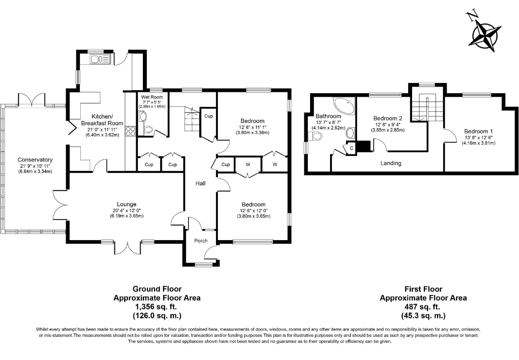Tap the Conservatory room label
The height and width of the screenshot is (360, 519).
point(35,160)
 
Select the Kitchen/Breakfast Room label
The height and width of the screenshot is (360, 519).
point(102,120)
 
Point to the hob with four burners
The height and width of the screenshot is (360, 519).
point(130,131)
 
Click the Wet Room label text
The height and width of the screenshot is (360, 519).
point(152,97)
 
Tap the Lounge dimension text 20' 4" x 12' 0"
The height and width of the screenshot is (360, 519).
point(126,210)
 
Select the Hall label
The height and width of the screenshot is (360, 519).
point(200,183)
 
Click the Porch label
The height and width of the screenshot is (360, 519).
point(201,241)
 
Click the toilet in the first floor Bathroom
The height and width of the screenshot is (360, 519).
point(315,136)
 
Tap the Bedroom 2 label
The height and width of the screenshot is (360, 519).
point(388,118)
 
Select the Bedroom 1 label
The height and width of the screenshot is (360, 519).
point(478,131)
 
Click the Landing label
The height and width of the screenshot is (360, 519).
point(391,163)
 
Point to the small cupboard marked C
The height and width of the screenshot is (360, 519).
point(351,148)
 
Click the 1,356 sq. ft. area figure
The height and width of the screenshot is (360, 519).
point(157,307)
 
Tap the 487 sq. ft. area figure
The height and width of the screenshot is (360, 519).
point(423,307)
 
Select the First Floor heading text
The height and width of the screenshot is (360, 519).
point(423,289)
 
